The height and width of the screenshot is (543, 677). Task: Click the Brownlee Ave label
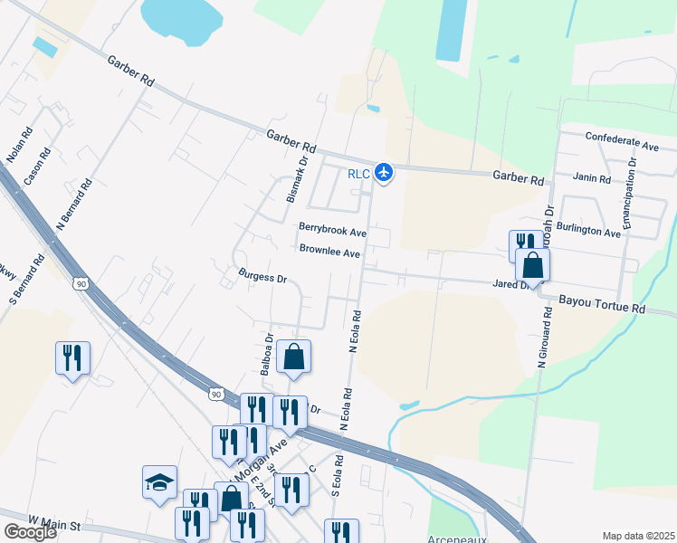[329, 251]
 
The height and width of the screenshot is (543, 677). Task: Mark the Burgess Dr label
[262, 275]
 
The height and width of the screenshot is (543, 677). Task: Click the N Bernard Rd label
[74, 205]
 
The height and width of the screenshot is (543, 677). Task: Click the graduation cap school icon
[159, 481]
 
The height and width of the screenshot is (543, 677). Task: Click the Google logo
[31, 532]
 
